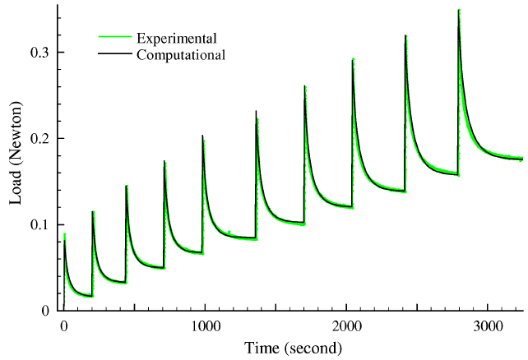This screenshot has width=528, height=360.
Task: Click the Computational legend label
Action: click(181, 55)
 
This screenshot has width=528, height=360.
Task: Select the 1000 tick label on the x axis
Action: click(204, 325)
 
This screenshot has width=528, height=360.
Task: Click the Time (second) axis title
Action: click(292, 348)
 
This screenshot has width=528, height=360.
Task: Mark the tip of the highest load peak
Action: click(459, 11)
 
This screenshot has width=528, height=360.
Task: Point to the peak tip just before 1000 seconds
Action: click(202, 136)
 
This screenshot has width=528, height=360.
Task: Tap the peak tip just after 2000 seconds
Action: click(353, 60)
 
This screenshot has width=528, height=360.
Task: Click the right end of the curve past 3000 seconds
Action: click(521, 159)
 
